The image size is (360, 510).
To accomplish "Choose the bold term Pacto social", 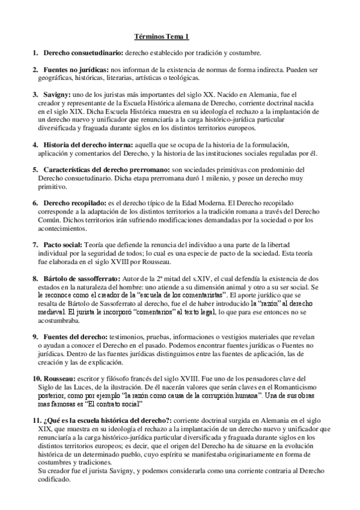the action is (63, 245).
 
